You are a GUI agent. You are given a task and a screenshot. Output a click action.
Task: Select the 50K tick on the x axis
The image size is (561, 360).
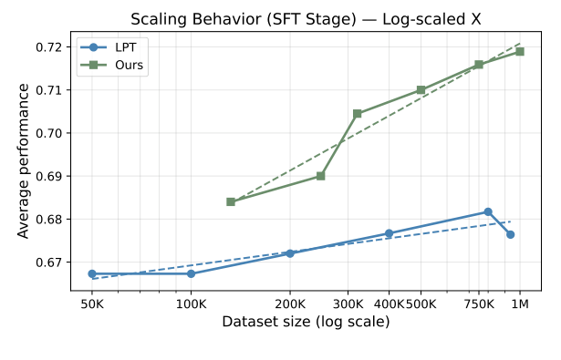(92, 303)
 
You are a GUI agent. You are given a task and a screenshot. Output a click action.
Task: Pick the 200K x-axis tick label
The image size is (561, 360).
(290, 303)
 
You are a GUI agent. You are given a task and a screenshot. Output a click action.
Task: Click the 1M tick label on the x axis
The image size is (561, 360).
(520, 303)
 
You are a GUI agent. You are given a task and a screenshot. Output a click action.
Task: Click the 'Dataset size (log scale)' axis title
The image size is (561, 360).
(306, 322)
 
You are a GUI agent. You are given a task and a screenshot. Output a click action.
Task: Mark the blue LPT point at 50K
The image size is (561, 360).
(92, 273)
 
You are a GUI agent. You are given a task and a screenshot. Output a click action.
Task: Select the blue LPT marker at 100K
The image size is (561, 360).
(191, 273)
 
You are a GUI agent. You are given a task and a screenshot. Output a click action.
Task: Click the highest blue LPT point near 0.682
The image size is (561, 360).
(488, 211)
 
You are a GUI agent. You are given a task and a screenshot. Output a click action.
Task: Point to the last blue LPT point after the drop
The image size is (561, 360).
(511, 234)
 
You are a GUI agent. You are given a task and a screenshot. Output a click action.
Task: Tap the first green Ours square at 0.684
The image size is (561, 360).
(231, 201)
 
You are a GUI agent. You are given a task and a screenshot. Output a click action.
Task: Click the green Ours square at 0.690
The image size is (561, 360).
(320, 176)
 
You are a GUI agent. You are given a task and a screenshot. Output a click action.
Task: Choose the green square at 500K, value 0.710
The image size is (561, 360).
(421, 90)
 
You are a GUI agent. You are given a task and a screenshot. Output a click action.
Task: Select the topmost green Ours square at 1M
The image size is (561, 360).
(520, 51)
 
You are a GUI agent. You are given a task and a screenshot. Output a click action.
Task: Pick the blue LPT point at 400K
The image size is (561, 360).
(389, 233)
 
